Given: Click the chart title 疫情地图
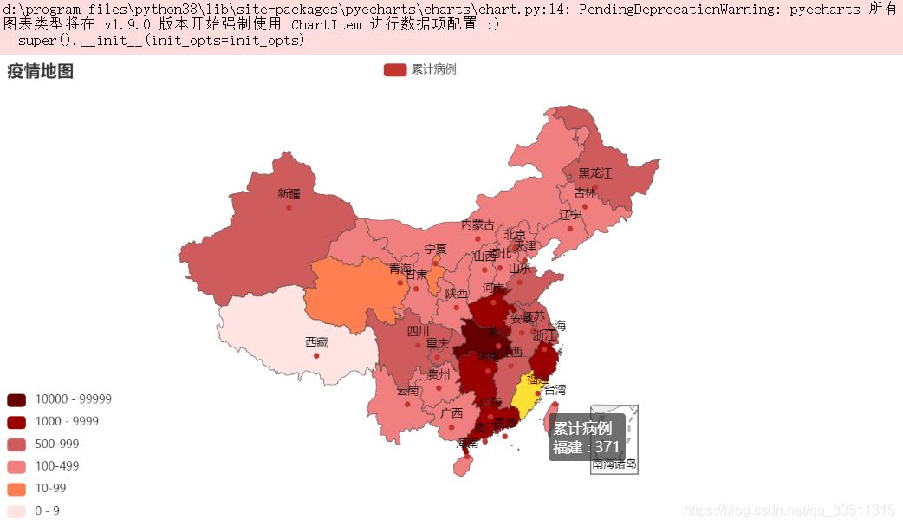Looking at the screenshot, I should (x=40, y=72).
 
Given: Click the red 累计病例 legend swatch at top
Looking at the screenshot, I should (x=394, y=69).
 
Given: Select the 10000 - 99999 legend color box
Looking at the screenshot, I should (x=16, y=399).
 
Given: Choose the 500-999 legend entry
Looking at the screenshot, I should (x=56, y=444).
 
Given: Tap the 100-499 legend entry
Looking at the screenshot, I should (x=56, y=466).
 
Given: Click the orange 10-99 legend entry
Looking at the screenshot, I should (x=50, y=489).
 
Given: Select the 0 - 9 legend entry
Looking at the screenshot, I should (x=47, y=510).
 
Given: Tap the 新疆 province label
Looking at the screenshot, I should (x=289, y=193).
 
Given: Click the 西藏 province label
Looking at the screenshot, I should (x=316, y=342).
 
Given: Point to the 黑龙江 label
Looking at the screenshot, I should (x=594, y=173).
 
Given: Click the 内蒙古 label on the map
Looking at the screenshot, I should (x=477, y=224).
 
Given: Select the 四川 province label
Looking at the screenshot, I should (x=418, y=331).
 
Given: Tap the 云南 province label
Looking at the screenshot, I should (x=407, y=391).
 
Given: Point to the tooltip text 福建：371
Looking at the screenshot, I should (x=587, y=447).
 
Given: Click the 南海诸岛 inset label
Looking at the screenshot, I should (x=614, y=464).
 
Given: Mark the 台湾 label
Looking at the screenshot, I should (x=555, y=389).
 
